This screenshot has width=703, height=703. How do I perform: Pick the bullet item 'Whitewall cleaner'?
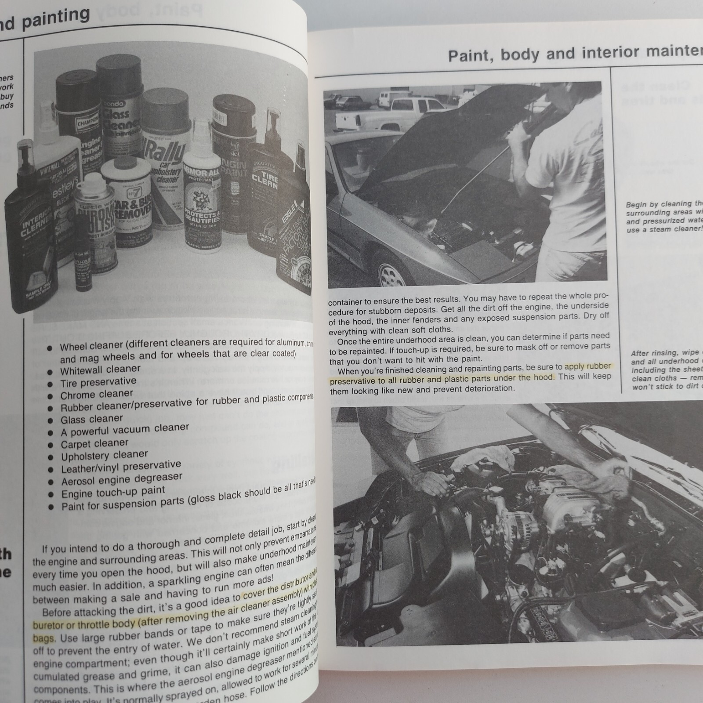point(101,370)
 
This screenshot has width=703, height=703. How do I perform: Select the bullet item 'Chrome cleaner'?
point(97,394)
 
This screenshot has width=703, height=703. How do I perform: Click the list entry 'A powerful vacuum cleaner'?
point(125,429)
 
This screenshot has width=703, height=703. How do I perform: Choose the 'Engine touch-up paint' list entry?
point(113,492)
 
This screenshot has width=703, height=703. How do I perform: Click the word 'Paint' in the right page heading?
point(470,56)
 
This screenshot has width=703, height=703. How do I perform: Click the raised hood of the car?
point(439,132)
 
